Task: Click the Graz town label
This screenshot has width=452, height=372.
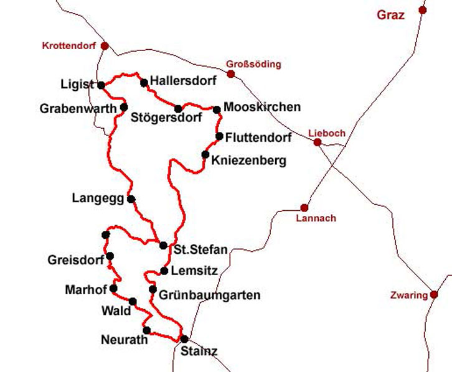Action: (x=390, y=15)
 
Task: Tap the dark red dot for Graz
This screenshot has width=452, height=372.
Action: (x=423, y=10)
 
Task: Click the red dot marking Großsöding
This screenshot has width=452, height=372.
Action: (x=231, y=74)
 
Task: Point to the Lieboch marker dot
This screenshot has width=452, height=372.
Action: (x=318, y=142)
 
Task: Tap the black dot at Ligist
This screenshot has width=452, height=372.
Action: (x=101, y=85)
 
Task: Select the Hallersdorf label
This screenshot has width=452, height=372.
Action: (x=183, y=81)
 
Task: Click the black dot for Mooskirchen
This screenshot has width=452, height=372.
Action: (x=217, y=110)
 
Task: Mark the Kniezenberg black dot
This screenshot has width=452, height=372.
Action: (x=205, y=155)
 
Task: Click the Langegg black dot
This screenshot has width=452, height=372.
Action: (x=131, y=199)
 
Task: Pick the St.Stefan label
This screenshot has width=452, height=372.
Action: (x=200, y=251)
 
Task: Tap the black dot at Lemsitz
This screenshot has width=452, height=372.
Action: (x=164, y=271)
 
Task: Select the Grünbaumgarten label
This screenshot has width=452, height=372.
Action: (x=209, y=295)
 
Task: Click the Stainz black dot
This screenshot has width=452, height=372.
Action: (x=184, y=339)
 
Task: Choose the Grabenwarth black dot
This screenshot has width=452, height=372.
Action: (x=124, y=107)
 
